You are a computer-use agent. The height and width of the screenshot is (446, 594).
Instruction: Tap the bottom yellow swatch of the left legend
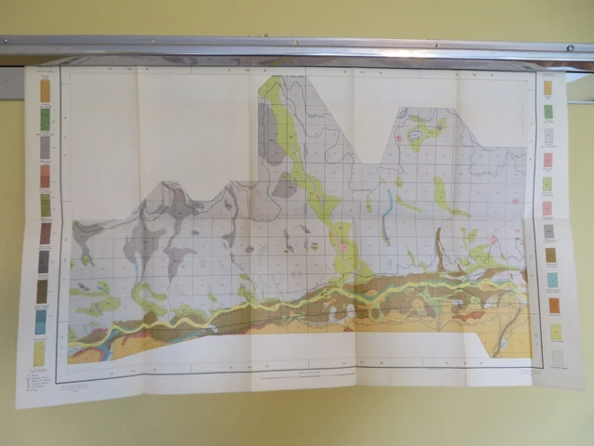(x=40, y=352)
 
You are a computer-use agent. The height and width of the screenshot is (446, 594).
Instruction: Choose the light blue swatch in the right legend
(x=552, y=280)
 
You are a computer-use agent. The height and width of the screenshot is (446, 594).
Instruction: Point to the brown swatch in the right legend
(x=550, y=255)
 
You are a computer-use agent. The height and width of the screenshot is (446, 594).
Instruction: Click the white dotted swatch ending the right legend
(x=558, y=358)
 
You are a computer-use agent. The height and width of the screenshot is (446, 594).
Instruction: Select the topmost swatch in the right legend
(x=548, y=88)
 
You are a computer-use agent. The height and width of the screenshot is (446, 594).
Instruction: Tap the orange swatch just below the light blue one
(x=554, y=305)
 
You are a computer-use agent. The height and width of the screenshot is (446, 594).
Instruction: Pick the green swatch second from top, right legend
(x=548, y=111)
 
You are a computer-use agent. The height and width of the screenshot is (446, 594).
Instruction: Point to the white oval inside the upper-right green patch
(x=417, y=136)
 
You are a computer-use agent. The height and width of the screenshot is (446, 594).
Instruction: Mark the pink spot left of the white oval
(x=400, y=138)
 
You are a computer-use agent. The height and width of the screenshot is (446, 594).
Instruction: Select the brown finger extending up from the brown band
(x=440, y=245)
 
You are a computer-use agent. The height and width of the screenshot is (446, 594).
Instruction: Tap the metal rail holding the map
(x=297, y=47)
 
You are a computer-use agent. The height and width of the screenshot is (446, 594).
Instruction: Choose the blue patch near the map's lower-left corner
(x=105, y=351)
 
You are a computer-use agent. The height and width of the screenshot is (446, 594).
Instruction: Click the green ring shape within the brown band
(x=376, y=313)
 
